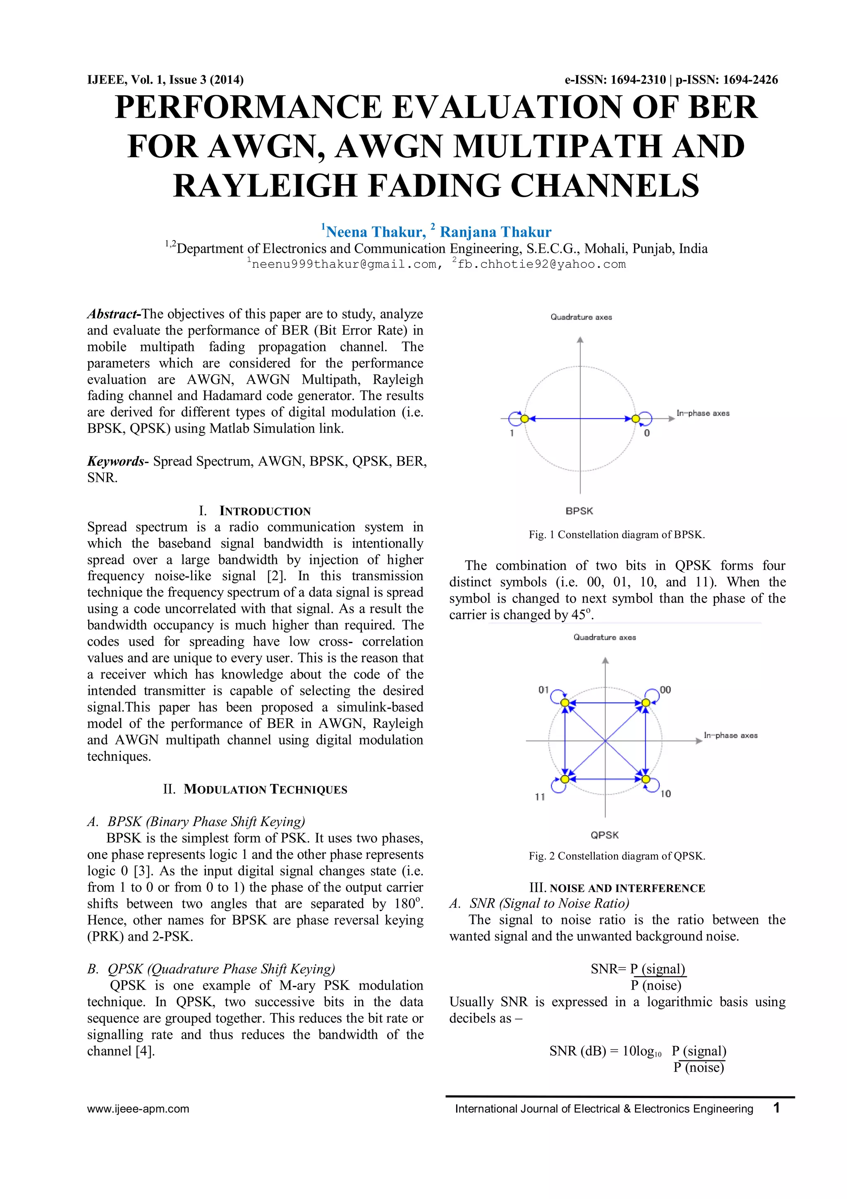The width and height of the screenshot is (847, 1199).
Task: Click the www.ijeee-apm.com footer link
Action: pos(138,1109)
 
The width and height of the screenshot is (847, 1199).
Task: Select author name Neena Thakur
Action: pos(375,232)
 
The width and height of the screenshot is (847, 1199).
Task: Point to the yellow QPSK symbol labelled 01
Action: pos(565,703)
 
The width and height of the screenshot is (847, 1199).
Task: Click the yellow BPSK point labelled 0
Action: pos(635,419)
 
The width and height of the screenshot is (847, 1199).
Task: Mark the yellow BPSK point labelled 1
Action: pos(524,419)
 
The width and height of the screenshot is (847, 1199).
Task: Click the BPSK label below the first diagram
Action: pos(579,511)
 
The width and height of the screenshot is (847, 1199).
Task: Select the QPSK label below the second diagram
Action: pos(604,835)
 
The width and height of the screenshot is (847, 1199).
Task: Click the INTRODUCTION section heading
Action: pos(265,511)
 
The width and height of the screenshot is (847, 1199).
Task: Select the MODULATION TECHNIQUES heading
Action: pos(265,789)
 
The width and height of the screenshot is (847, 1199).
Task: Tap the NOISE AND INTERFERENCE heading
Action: pos(627,888)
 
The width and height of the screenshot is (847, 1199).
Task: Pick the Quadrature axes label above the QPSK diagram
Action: pos(604,637)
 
